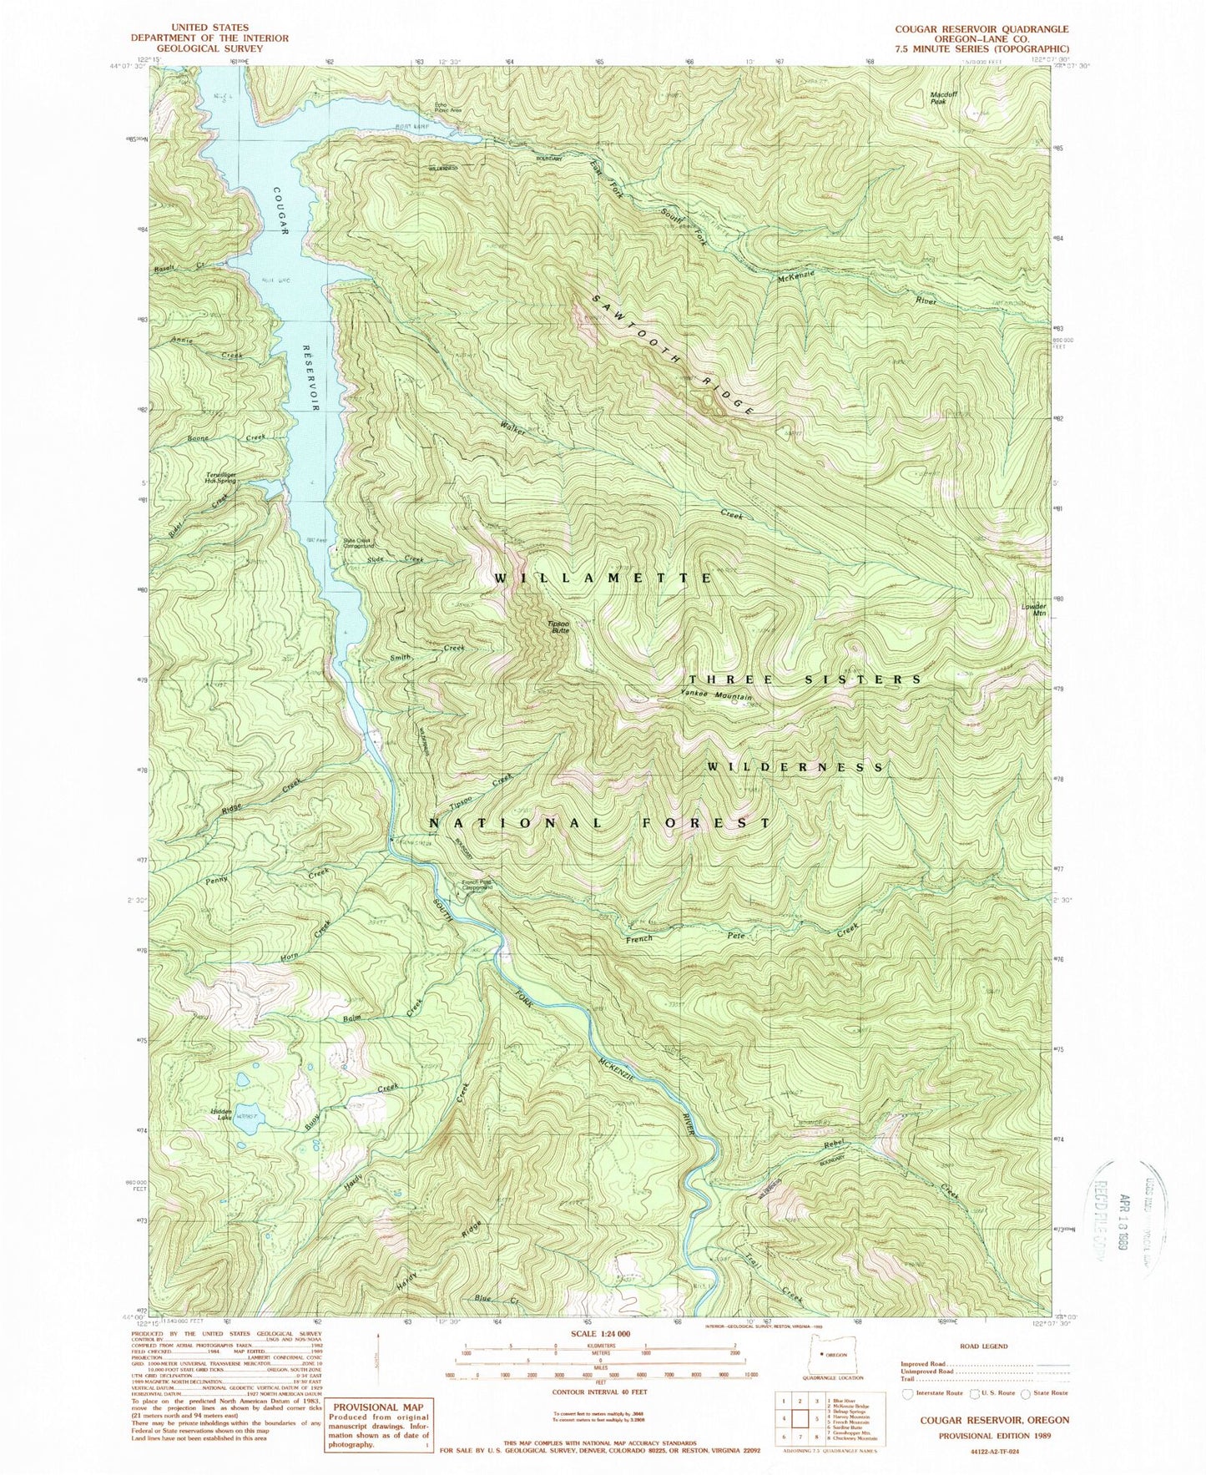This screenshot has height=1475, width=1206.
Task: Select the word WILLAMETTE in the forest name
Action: point(602,578)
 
